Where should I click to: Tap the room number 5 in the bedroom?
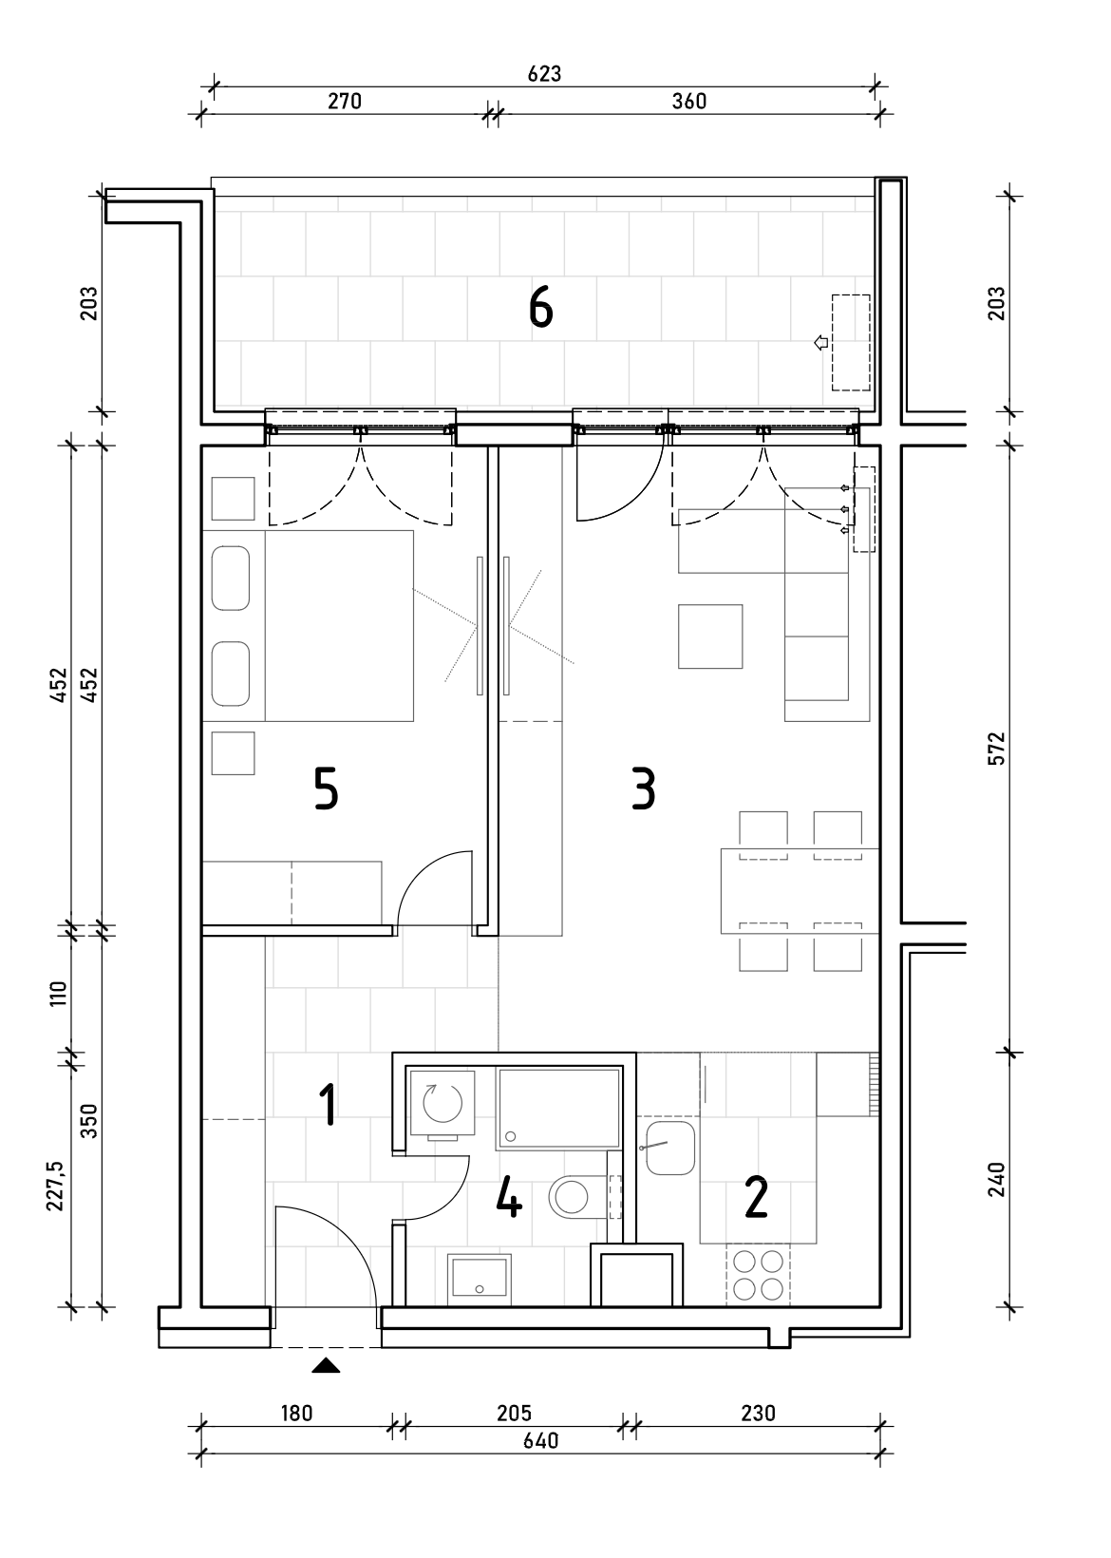tap(326, 788)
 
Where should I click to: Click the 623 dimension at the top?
tap(544, 74)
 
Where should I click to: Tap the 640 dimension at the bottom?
tap(540, 1440)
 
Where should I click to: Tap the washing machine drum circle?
tap(443, 1103)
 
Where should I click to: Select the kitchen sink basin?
tap(670, 1148)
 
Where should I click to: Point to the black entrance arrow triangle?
tap(326, 1366)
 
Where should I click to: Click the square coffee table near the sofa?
tap(710, 636)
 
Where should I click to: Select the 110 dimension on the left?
tap(59, 994)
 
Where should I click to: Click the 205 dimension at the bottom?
tap(514, 1413)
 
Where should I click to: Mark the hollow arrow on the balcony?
tap(821, 342)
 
